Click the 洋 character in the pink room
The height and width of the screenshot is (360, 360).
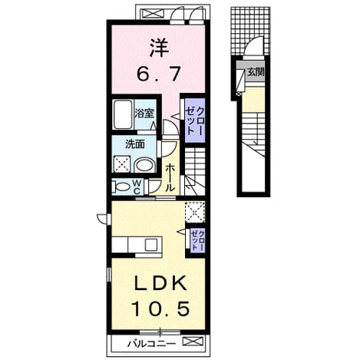[159, 48]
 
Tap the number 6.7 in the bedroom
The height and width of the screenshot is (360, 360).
[159, 74]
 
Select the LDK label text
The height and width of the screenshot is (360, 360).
[159, 283]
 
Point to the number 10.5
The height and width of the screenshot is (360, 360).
[160, 308]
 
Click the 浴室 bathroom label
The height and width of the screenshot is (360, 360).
[144, 113]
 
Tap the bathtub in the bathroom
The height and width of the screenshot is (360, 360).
[123, 114]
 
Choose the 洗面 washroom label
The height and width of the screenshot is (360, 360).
[135, 144]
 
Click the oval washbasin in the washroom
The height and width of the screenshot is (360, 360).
[145, 165]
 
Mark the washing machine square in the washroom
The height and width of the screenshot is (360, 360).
[122, 163]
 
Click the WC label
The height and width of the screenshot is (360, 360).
[137, 187]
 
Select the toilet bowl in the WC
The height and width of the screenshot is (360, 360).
[121, 187]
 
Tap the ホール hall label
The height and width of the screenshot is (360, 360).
[169, 178]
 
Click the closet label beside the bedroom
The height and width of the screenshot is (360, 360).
[195, 121]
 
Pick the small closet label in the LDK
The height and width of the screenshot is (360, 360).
[198, 240]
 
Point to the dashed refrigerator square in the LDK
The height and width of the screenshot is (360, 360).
[195, 212]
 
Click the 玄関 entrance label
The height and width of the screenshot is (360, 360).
[256, 72]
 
